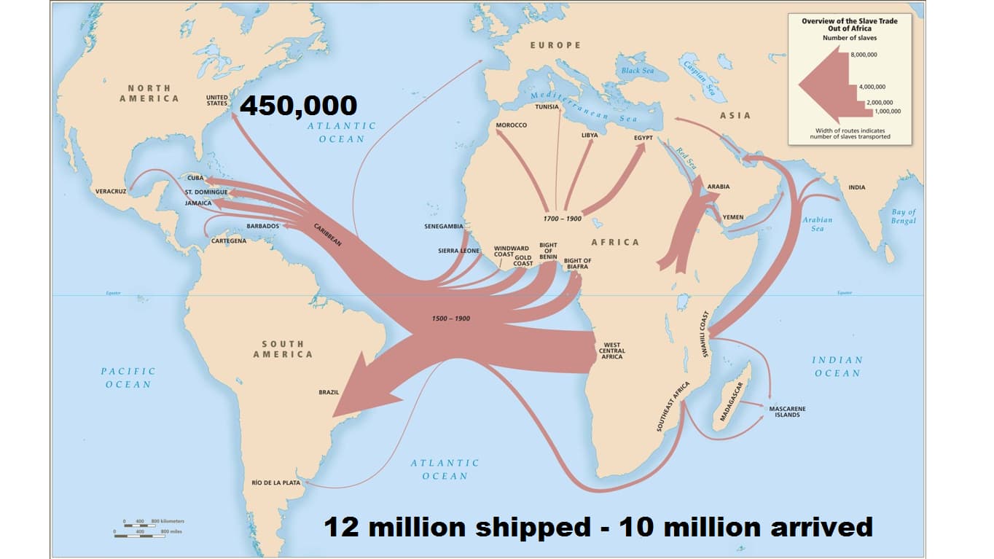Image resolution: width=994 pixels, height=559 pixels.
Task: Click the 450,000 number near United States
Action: click(298, 106)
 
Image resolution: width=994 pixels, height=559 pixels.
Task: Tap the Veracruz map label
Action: click(111, 192)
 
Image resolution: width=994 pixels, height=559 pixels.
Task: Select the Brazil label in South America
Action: click(329, 392)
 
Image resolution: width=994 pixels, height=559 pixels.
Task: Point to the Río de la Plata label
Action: click(275, 482)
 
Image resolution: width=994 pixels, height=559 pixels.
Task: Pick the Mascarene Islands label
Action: click(787, 411)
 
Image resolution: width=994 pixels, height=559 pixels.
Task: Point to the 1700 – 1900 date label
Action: click(562, 219)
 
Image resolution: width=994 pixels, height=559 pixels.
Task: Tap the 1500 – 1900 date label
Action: click(450, 319)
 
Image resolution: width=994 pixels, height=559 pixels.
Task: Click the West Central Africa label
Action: click(613, 351)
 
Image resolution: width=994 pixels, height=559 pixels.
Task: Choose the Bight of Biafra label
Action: click(577, 264)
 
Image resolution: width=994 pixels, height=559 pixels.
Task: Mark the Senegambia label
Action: click(444, 226)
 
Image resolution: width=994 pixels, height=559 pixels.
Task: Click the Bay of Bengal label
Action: click(903, 216)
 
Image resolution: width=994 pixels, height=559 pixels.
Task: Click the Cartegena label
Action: click(228, 241)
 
